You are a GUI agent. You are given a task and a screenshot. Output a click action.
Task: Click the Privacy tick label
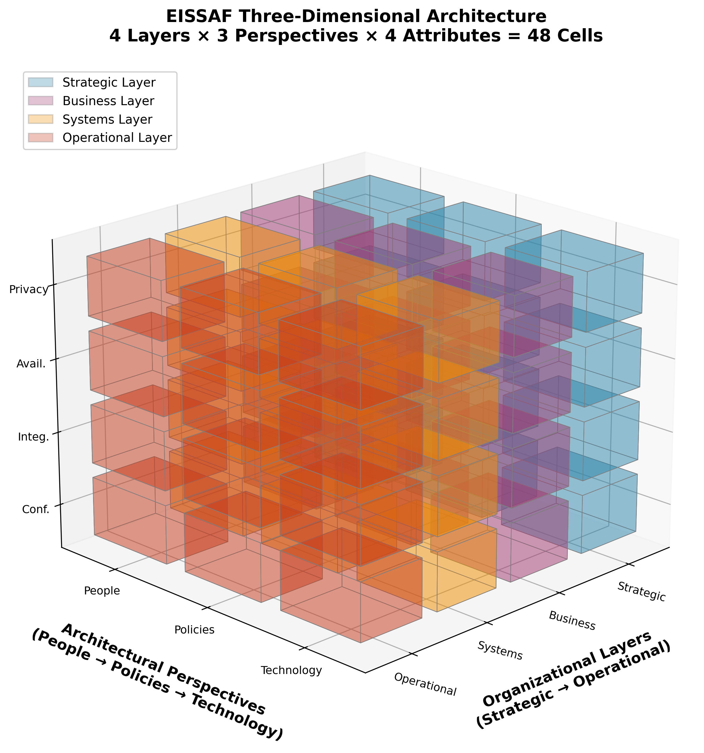[29, 290]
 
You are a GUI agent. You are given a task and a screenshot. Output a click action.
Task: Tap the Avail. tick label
[31, 364]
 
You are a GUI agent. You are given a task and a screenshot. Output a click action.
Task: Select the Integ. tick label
[33, 438]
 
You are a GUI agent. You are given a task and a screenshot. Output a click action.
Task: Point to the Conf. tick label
[36, 510]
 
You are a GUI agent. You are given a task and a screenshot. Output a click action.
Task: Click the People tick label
[102, 591]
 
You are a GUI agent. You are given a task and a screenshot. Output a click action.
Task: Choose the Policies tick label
[194, 630]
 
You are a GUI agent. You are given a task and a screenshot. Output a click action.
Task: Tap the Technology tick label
[291, 671]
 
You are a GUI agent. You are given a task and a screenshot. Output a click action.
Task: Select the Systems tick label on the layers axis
[500, 651]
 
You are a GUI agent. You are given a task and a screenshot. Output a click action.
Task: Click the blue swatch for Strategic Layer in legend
[40, 82]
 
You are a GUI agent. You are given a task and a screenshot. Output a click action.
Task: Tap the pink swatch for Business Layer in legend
[40, 101]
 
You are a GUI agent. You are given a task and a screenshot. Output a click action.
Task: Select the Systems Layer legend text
[107, 119]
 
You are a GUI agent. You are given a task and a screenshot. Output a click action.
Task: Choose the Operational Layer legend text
[117, 138]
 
